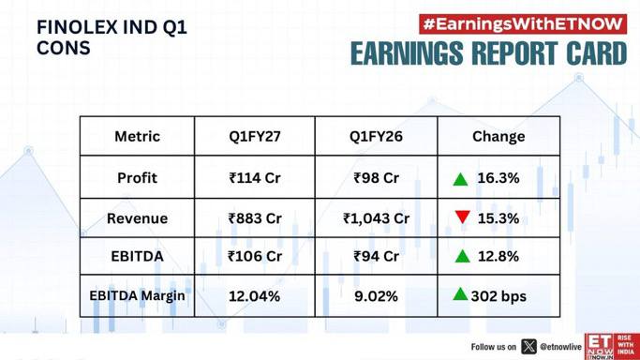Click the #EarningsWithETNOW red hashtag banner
coord(523,24)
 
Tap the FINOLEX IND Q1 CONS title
coord(112,37)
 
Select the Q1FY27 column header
coord(255,136)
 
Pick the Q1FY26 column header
coord(376,136)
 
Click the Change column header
coord(499,137)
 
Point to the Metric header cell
coord(137,136)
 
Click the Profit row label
coord(137,178)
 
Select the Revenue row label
coord(137,218)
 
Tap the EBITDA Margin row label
coord(137,295)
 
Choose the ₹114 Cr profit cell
coord(255,178)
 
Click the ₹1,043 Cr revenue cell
coord(376,218)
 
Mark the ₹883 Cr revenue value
coord(255,218)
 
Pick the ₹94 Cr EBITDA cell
coord(376,256)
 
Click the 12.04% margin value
coord(254,296)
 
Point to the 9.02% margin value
coord(376,296)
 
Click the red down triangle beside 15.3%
coord(463,217)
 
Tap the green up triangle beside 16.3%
coord(460,180)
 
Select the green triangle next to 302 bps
coord(460,294)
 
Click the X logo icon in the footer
coord(528,347)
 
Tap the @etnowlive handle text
coord(560,347)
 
